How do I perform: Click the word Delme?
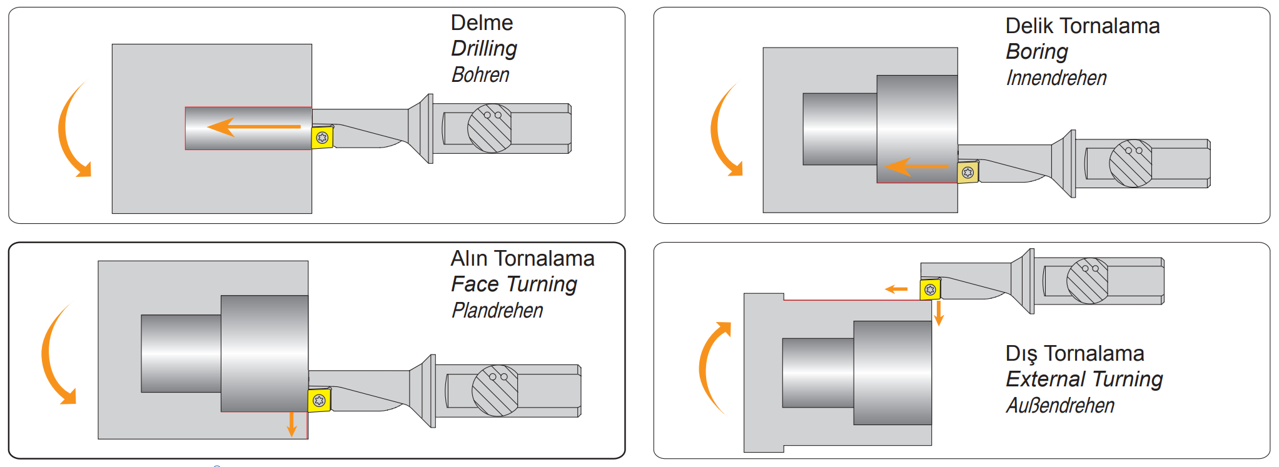482,23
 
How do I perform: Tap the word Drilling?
484,49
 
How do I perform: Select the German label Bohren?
480,75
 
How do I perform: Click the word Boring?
1036,52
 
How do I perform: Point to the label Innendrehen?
1056,78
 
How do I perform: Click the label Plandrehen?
497,311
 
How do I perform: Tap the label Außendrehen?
1060,406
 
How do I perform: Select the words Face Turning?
513,284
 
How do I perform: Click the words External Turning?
1084,379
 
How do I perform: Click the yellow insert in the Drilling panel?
322,138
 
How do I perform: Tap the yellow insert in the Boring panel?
968,172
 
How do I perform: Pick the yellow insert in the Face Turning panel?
319,400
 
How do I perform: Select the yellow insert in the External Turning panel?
930,289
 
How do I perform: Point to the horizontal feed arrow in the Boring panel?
917,167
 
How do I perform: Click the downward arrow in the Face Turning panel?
291,424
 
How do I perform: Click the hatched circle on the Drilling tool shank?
490,128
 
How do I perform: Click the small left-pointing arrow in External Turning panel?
896,289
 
